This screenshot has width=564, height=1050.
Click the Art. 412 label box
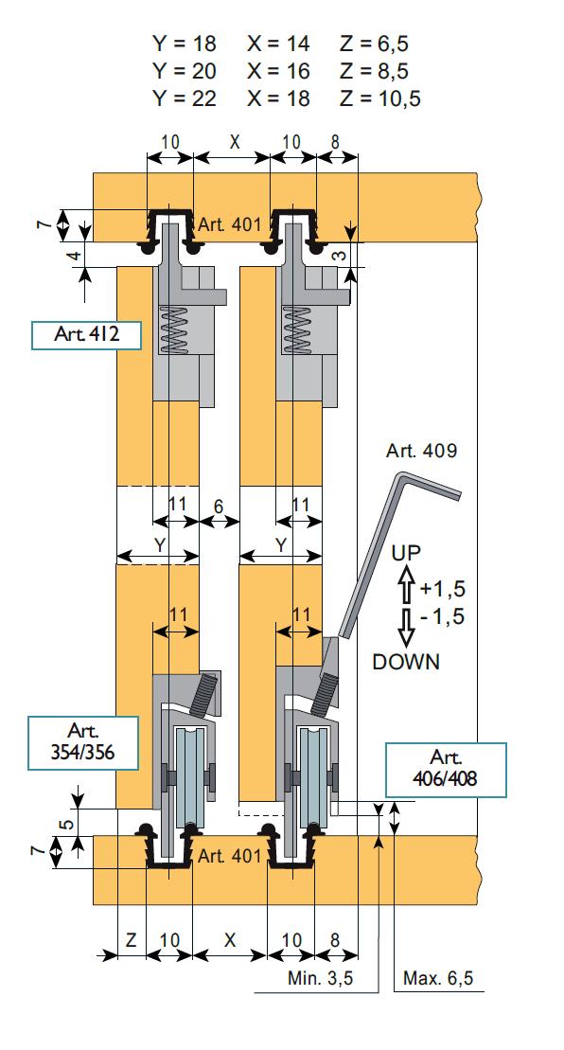point(86,335)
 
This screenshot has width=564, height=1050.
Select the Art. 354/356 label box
point(83,742)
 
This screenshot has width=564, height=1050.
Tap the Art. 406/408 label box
point(446,770)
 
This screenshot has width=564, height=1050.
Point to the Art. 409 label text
point(421,451)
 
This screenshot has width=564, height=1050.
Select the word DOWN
point(406,662)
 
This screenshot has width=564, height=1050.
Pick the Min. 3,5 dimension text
point(320,978)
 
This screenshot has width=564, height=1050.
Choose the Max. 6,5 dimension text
point(437,978)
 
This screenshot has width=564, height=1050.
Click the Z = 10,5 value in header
point(380,98)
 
